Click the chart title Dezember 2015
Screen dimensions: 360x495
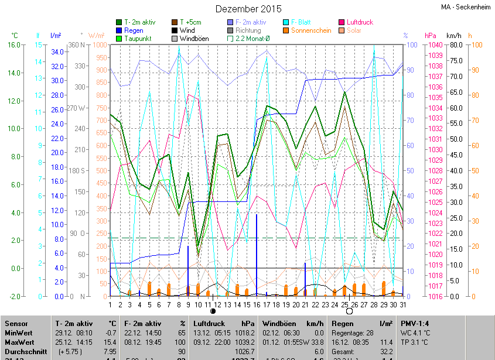tap(248, 9)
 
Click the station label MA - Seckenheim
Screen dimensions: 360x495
tap(466, 7)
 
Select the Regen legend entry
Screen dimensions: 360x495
tap(133, 30)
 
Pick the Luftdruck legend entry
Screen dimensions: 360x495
tap(355, 22)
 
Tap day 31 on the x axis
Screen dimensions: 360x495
tap(402, 304)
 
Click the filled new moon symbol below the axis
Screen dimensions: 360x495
tap(213, 311)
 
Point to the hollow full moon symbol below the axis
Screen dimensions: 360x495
tap(349, 311)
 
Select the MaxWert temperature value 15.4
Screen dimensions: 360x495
tap(110, 341)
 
